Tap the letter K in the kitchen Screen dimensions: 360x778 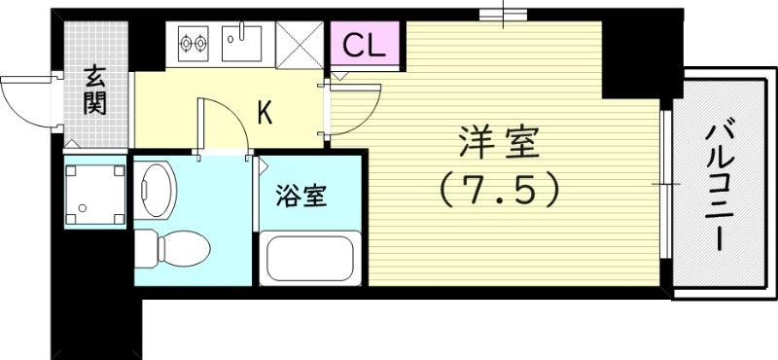[264, 113]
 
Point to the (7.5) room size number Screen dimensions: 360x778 [500, 190]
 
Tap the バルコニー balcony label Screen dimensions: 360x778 [720, 185]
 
